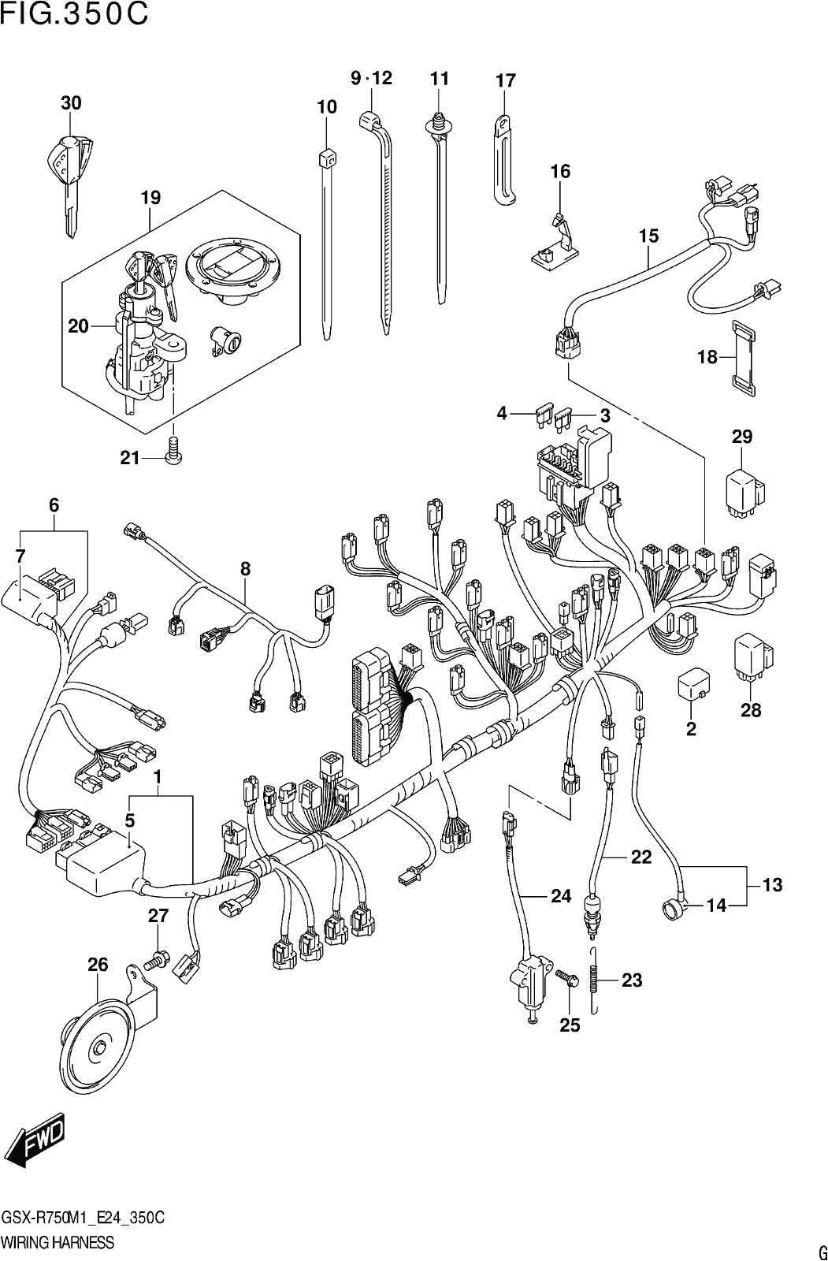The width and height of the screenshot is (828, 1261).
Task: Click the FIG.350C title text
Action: pos(74,14)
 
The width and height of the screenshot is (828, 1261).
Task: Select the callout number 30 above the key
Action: pos(71,103)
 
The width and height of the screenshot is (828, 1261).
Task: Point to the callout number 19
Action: pos(150,198)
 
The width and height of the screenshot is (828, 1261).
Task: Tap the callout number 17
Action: pos(506,80)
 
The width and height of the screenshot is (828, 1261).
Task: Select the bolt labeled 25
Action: pos(566,977)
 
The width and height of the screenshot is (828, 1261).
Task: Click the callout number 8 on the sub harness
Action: pos(246,568)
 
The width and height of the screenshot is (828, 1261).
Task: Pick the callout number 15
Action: pos(648,236)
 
